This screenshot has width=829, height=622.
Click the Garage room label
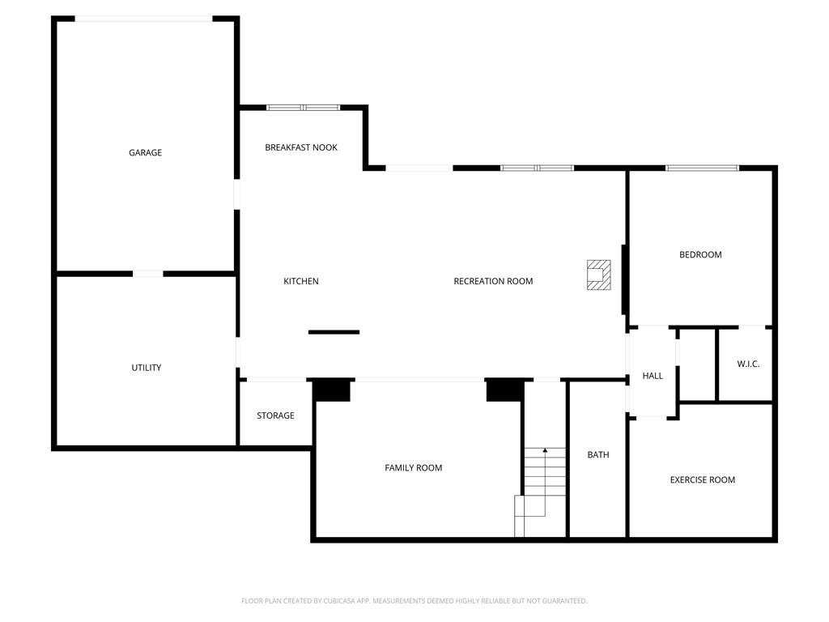pos(145,152)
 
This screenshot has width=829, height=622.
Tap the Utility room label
pos(146,368)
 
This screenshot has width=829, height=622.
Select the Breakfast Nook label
pos(301,147)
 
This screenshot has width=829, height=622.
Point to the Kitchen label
pos(301,281)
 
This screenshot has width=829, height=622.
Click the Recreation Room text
pos(493,281)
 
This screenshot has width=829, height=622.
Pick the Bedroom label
pos(700,254)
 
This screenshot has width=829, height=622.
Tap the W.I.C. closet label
pos(748,364)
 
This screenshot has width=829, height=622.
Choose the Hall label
pos(653,376)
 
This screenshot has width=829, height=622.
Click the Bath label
pos(598,454)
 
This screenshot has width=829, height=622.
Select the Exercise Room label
pos(703,479)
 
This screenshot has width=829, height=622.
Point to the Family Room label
pos(414,467)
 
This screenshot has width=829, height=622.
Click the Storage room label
pos(275,415)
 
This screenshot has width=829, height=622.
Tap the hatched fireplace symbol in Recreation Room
pos(599,274)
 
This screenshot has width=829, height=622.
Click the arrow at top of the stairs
pos(545,450)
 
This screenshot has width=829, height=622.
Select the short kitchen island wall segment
pos(334,332)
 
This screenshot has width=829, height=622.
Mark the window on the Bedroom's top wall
pos(702,168)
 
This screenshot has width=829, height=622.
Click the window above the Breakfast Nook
pos(304,107)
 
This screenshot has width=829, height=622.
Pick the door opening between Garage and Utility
pos(147,274)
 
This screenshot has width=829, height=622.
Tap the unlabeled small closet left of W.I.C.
pos(697,364)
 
